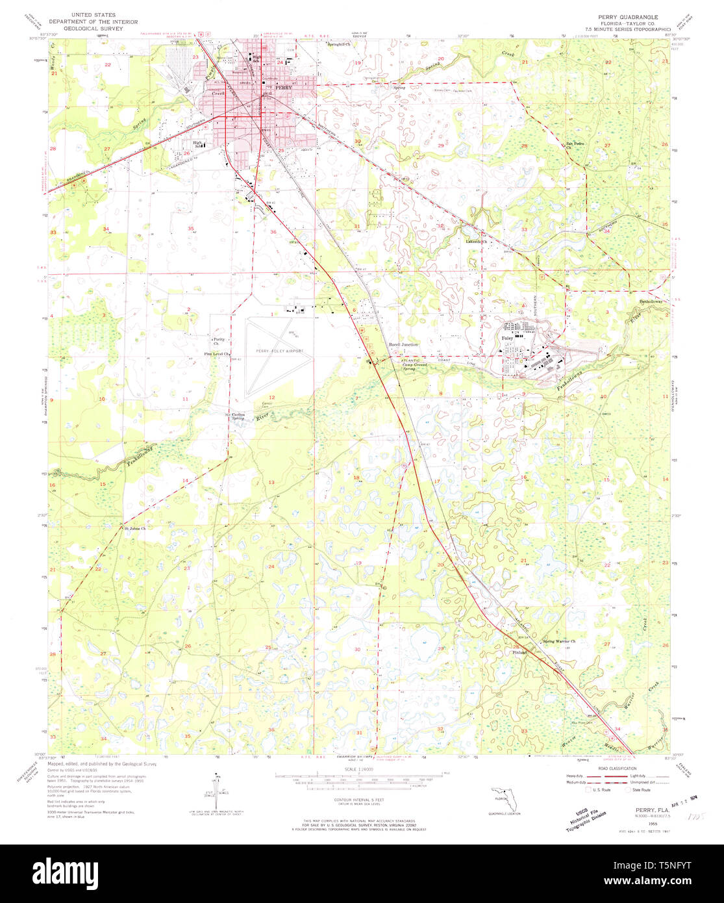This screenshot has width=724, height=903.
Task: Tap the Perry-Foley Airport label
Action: tap(279, 351)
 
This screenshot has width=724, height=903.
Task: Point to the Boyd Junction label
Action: tap(403, 344)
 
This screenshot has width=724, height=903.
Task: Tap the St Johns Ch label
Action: tap(135, 528)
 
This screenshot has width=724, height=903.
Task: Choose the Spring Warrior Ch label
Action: tap(559, 641)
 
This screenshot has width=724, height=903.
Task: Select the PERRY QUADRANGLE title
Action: tap(623, 16)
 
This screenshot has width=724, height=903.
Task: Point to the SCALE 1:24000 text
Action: tap(364, 770)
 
